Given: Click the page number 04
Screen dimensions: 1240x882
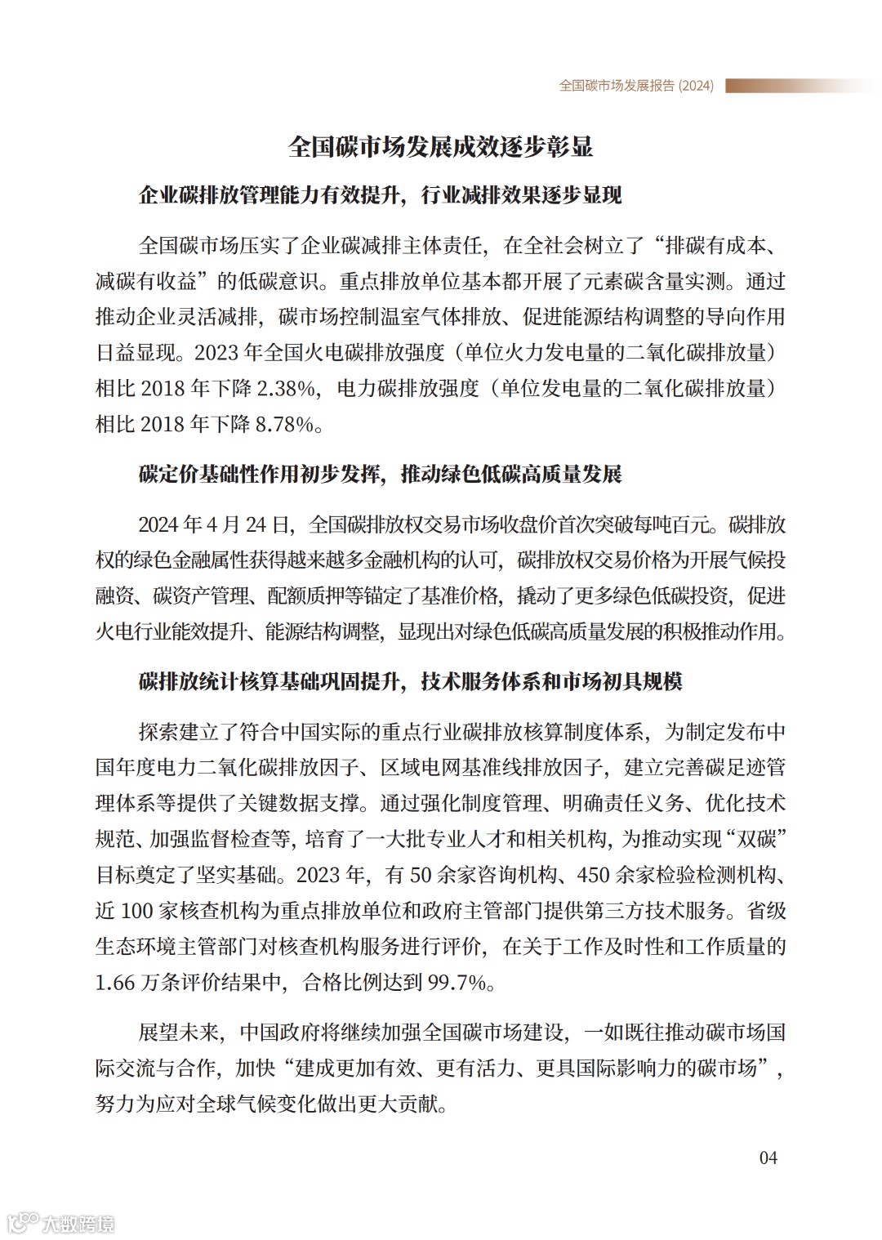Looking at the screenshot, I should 768,1157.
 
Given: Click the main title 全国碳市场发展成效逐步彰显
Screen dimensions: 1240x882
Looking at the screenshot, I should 441,147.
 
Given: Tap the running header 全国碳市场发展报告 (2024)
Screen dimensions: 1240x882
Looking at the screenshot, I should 636,86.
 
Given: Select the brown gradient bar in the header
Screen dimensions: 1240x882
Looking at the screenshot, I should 796,86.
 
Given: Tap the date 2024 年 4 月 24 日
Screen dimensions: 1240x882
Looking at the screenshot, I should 214,524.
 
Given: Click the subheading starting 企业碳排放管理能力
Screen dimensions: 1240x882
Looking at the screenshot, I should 381,195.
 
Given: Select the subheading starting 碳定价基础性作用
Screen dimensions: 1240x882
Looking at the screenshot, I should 381,475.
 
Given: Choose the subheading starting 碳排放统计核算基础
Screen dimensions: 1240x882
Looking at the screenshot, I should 411,681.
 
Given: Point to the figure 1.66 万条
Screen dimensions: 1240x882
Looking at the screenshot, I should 136,982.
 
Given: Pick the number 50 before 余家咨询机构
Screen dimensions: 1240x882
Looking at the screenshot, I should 420,875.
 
